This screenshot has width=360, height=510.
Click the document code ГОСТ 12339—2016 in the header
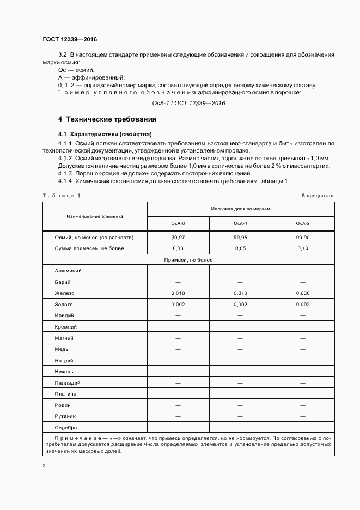tap(69, 39)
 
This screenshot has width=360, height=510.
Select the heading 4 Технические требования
tap(107, 119)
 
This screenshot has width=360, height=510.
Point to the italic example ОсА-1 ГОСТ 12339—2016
tap(188, 103)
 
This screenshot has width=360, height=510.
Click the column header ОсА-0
tap(179, 223)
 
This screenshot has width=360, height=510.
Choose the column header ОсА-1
tap(241, 223)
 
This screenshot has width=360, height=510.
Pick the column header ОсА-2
tap(303, 223)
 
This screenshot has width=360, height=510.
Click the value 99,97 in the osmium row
tap(179, 237)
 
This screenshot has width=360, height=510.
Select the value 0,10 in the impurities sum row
tap(303, 248)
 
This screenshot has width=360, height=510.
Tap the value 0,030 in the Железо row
tap(303, 293)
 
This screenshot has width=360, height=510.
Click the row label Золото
tap(64, 305)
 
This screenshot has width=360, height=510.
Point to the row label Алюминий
tap(68, 271)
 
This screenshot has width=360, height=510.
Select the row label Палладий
tap(67, 382)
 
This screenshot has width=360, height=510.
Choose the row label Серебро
tap(66, 427)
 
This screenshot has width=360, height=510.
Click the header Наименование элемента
tap(95, 216)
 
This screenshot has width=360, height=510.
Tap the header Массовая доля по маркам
tap(241, 209)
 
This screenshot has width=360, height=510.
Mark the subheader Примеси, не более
tap(188, 260)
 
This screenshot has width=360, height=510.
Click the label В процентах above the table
tap(317, 195)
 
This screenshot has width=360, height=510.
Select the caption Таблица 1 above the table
tap(61, 195)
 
